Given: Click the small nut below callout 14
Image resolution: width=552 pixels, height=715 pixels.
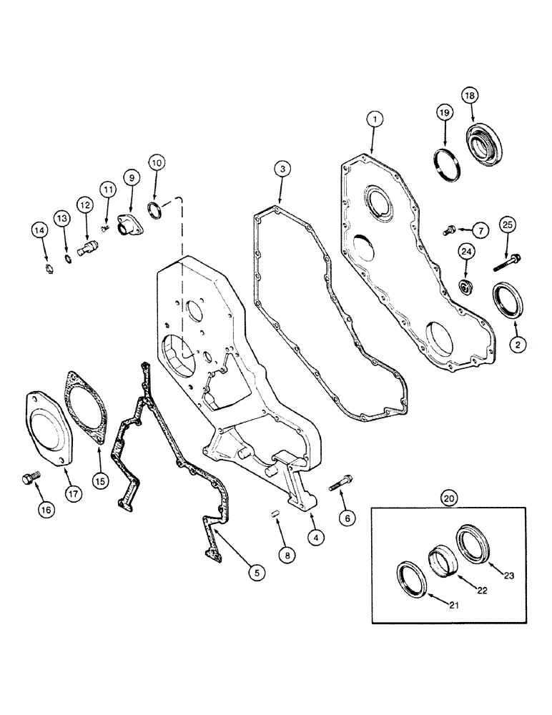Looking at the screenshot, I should tap(46, 270).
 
